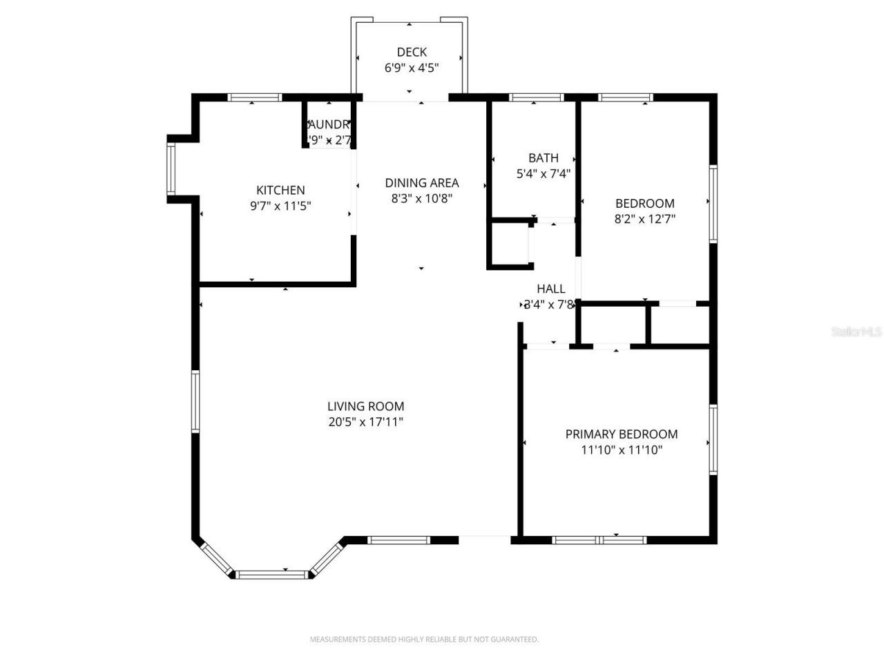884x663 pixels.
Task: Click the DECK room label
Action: pos(412,52)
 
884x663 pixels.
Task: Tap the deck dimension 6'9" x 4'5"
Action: pos(412,68)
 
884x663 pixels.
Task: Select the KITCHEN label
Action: pos(280,190)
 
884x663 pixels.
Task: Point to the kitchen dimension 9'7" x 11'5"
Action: pos(280,206)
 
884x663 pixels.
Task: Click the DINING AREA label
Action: pos(421,183)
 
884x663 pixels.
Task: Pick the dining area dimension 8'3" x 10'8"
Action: pos(421,199)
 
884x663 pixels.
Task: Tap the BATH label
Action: pos(544,158)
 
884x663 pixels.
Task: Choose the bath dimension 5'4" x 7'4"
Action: pos(544,174)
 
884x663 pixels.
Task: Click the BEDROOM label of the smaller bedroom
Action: pos(644,203)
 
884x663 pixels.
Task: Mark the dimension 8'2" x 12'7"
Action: pos(644,219)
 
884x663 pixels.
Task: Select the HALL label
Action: pos(551,289)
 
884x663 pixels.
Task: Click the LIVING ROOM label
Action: pos(365,407)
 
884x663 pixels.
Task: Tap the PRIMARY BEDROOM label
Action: pos(621,434)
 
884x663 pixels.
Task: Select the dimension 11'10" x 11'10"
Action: pos(621,450)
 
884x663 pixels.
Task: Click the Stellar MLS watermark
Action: pos(856,332)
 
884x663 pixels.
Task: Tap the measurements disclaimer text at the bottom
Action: pos(424,640)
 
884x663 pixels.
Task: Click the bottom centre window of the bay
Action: pos(271,574)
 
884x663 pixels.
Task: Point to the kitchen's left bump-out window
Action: pos(171,169)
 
